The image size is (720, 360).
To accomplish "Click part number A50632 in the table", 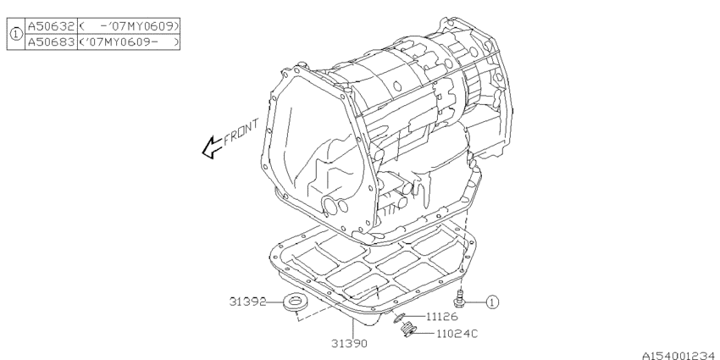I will pyautogui.click(x=50, y=27).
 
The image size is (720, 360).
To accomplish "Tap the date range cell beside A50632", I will pyautogui.click(x=128, y=27).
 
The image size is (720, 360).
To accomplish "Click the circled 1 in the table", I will pyautogui.click(x=15, y=34).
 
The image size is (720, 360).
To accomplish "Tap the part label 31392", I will pyautogui.click(x=246, y=301).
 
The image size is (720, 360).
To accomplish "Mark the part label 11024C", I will pyautogui.click(x=458, y=333).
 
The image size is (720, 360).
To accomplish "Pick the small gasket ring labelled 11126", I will pyautogui.click(x=399, y=316).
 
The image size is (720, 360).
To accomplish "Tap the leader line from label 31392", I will pyautogui.click(x=273, y=301).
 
